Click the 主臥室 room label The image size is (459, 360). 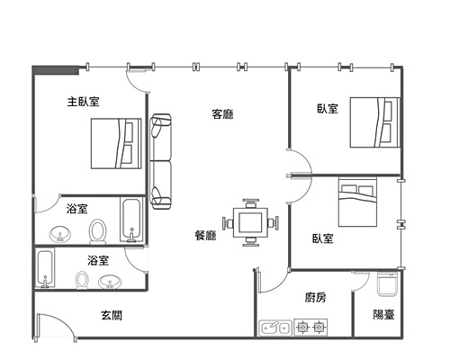pyautogui.click(x=84, y=102)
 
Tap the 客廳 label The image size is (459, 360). pyautogui.click(x=222, y=114)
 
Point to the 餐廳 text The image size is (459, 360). pyautogui.click(x=205, y=235)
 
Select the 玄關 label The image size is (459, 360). pyautogui.click(x=112, y=315)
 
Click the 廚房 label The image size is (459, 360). pyautogui.click(x=316, y=297)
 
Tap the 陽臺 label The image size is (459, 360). pyautogui.click(x=383, y=314)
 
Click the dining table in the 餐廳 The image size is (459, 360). pyautogui.click(x=250, y=223)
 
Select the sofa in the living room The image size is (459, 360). pyautogui.click(x=161, y=161)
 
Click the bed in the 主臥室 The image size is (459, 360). pyautogui.click(x=116, y=143)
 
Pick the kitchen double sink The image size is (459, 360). pyautogui.click(x=275, y=328)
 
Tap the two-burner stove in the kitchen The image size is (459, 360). pyautogui.click(x=310, y=327)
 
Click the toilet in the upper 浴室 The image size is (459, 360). pyautogui.click(x=97, y=232)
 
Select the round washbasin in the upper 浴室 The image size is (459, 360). pyautogui.click(x=60, y=234)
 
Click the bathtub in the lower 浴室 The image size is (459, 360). pyautogui.click(x=46, y=268)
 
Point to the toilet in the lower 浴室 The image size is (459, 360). pyautogui.click(x=82, y=280)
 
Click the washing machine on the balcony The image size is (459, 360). pyautogui.click(x=387, y=284)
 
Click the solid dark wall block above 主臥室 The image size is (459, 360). pyautogui.click(x=56, y=70)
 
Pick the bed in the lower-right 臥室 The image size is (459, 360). pyautogui.click(x=357, y=202)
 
